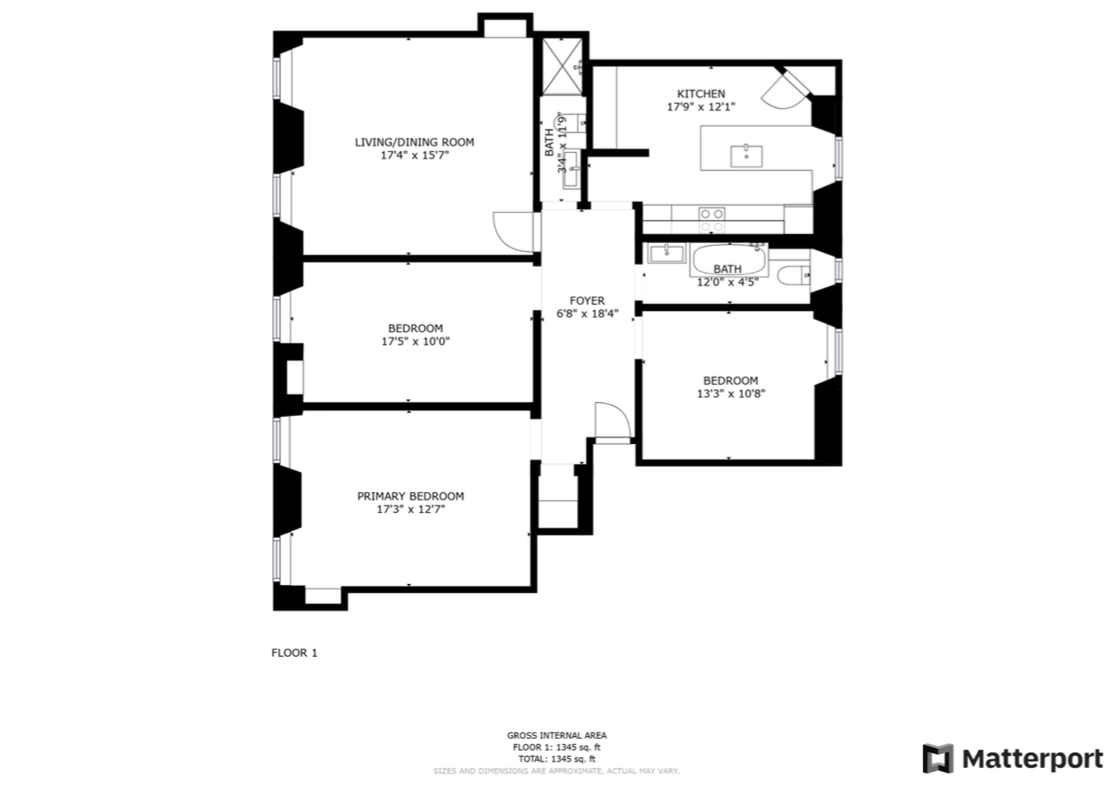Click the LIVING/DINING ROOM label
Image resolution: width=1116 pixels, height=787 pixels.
coord(414,142)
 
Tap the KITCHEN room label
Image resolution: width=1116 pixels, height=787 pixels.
coord(700,94)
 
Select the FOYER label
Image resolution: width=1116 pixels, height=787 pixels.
coord(587,300)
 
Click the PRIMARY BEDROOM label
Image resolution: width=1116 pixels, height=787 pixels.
coord(410,496)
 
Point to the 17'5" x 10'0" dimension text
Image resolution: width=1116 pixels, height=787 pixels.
coord(415,342)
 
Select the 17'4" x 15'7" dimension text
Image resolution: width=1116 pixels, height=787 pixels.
coord(414,156)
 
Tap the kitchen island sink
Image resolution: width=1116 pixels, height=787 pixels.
coord(747,155)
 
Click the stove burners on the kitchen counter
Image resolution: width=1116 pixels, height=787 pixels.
coord(712,219)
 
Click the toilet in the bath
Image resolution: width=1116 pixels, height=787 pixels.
coord(792,274)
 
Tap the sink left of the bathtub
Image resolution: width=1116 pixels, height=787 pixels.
coord(666,253)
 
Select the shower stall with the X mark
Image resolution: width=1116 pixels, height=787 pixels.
coord(561,64)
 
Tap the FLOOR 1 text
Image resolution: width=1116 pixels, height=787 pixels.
coord(294,652)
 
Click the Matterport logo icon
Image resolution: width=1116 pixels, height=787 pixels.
coord(938,758)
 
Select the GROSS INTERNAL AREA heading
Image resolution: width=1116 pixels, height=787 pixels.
coord(556,735)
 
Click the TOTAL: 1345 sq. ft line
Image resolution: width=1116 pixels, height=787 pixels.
coord(556,759)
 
